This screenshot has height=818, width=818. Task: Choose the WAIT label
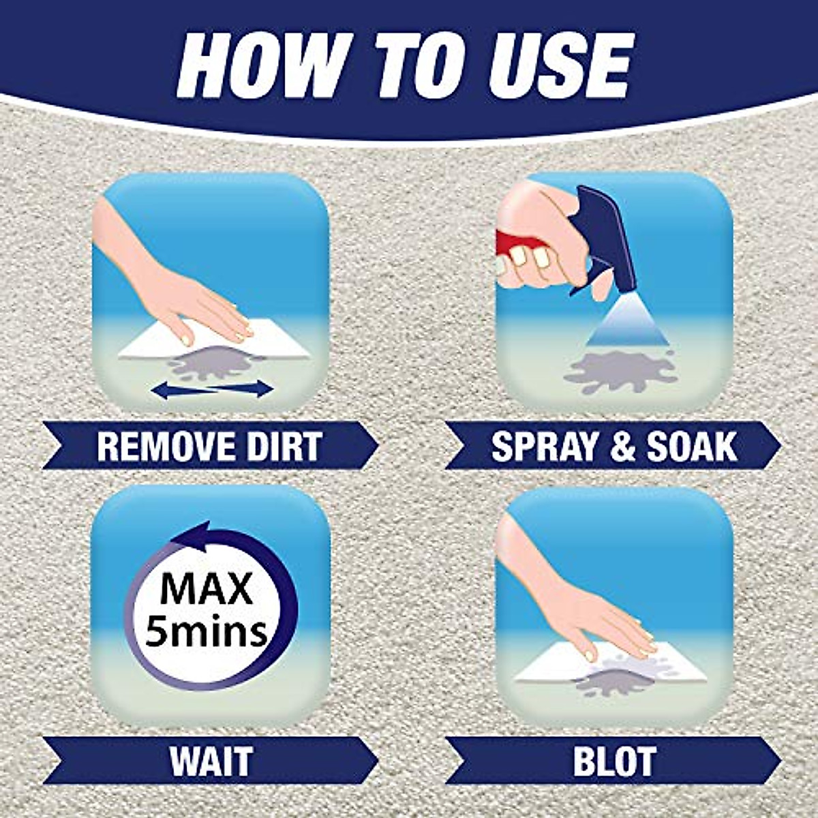tap(211, 761)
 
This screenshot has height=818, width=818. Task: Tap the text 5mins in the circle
tap(207, 631)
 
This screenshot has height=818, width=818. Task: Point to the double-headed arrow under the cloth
tap(211, 389)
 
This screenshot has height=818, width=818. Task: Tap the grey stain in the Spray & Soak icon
tap(620, 372)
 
